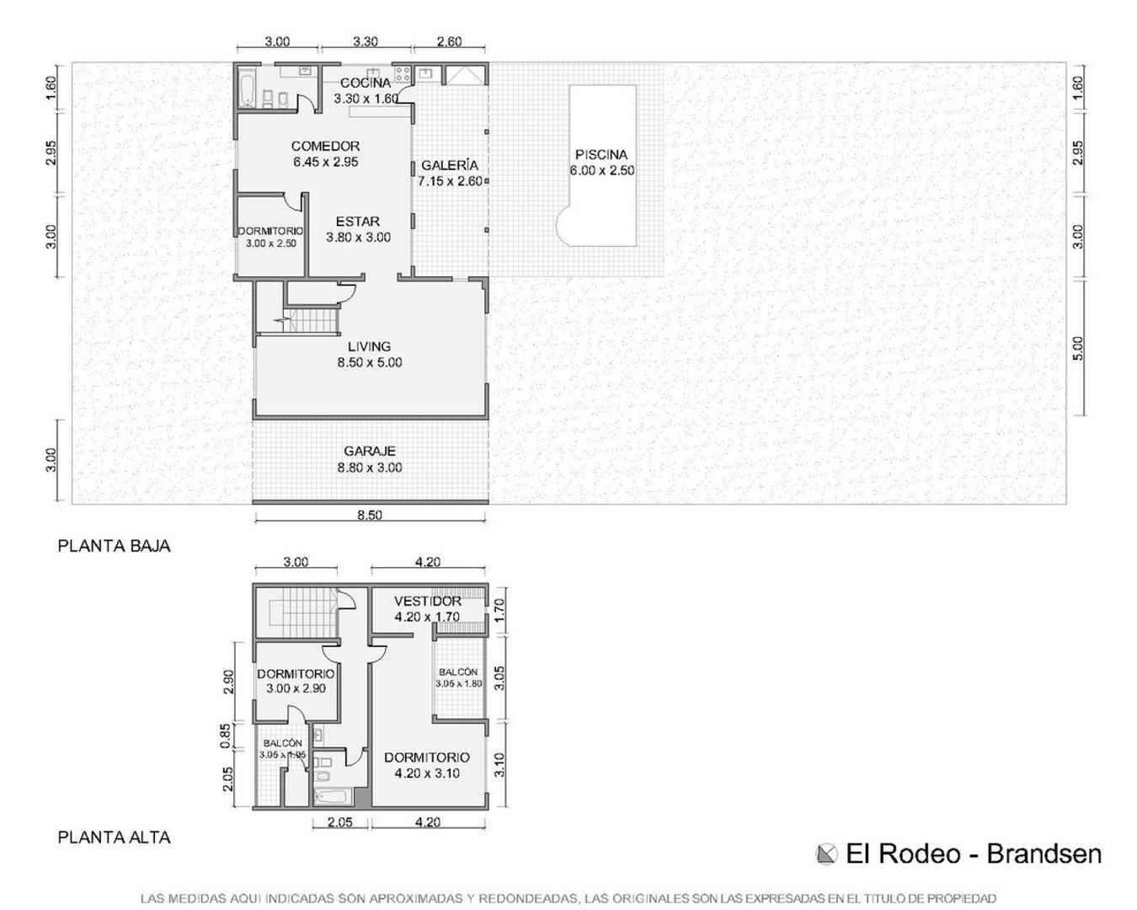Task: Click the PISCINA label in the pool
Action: pyautogui.click(x=601, y=155)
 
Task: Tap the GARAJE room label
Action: pyautogui.click(x=369, y=452)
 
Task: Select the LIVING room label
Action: pyautogui.click(x=369, y=346)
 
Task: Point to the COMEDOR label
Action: pyautogui.click(x=325, y=147)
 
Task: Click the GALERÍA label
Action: pyautogui.click(x=450, y=166)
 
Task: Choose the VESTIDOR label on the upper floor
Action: pyautogui.click(x=427, y=602)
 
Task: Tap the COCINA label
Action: pyautogui.click(x=366, y=83)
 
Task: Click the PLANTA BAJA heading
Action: pyautogui.click(x=114, y=546)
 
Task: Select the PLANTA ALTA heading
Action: pyautogui.click(x=114, y=838)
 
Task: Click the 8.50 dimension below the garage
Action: pyautogui.click(x=369, y=515)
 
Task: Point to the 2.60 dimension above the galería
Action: pyautogui.click(x=449, y=41)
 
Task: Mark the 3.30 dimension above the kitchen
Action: pyautogui.click(x=365, y=41)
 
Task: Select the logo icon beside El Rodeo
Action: pyautogui.click(x=827, y=854)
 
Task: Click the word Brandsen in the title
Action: pyautogui.click(x=1044, y=854)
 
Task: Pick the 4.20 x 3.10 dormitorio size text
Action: pyautogui.click(x=426, y=773)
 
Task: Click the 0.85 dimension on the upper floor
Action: pyautogui.click(x=226, y=736)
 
